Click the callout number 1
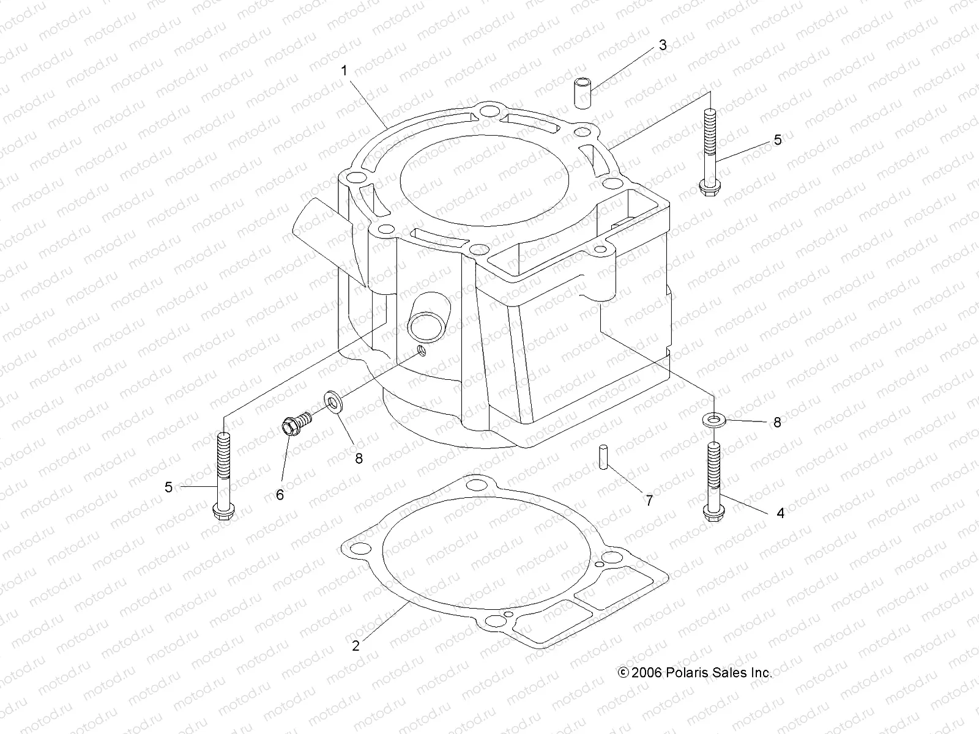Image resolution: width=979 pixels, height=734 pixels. pyautogui.click(x=344, y=71)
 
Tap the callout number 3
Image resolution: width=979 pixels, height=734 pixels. pyautogui.click(x=662, y=45)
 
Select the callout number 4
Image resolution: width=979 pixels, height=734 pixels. pyautogui.click(x=780, y=513)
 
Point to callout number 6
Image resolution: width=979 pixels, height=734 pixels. pyautogui.click(x=280, y=495)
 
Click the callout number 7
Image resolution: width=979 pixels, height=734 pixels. pyautogui.click(x=649, y=500)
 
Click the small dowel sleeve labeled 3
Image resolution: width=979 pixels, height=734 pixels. pyautogui.click(x=584, y=92)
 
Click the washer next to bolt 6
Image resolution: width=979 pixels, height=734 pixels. pyautogui.click(x=332, y=402)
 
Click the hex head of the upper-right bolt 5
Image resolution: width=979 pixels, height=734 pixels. pyautogui.click(x=710, y=187)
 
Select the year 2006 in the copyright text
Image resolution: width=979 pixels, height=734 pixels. pyautogui.click(x=647, y=672)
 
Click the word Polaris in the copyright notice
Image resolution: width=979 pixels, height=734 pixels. pyautogui.click(x=688, y=672)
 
